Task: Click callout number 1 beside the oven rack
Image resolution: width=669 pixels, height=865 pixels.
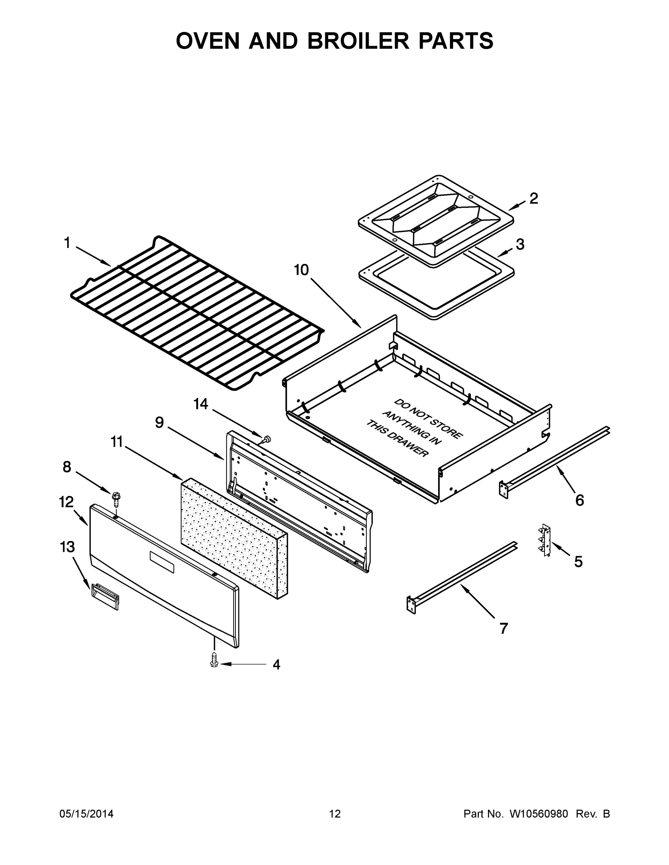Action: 67,243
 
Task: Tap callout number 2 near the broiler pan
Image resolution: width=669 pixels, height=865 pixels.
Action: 534,199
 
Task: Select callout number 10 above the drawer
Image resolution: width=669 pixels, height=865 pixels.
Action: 301,270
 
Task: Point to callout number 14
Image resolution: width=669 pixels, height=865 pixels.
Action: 201,404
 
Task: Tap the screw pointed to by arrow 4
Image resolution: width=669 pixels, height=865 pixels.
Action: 214,660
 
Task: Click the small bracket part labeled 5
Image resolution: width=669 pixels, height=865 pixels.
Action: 546,540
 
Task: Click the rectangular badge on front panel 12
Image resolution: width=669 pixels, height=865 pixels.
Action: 162,562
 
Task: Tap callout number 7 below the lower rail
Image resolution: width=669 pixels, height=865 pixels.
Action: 503,628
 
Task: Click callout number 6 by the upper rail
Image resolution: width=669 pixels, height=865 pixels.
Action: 580,501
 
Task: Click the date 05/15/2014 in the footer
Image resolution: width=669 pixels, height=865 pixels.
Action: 87,814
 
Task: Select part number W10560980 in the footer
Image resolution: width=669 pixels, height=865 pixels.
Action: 538,814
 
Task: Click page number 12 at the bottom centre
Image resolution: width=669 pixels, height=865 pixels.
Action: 335,814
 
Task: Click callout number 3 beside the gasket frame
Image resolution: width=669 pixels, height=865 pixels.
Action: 520,244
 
